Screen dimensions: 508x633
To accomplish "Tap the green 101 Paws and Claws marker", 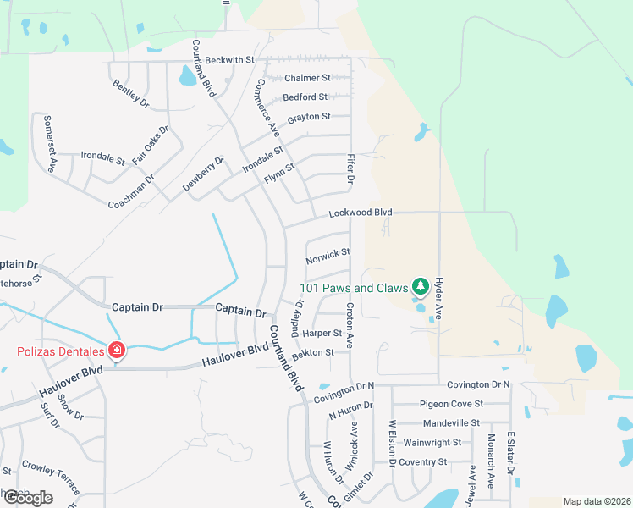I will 418,287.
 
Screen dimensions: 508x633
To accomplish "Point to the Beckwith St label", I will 229,60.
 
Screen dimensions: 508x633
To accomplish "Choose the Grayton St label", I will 308,116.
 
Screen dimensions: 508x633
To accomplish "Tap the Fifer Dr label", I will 350,169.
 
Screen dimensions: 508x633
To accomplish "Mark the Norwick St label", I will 328,254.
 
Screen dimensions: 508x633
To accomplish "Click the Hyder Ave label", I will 439,297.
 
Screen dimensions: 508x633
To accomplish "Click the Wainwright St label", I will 432,442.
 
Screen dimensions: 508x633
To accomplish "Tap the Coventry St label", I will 423,462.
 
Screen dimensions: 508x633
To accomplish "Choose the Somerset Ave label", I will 51,144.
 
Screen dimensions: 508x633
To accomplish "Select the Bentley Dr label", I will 130,95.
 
